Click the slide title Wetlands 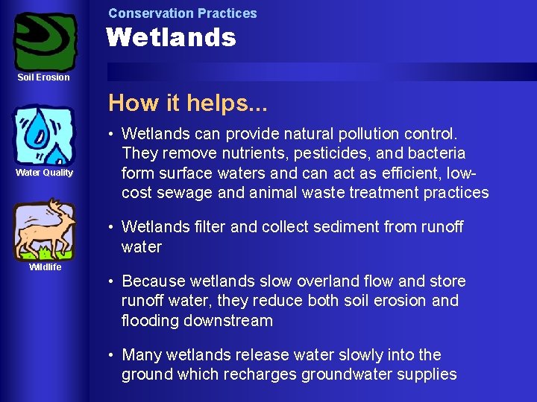click(x=171, y=37)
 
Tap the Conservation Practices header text click(x=182, y=13)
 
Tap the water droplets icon click(x=44, y=134)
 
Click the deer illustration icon click(x=45, y=227)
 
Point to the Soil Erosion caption click(x=44, y=77)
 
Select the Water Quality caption click(x=45, y=173)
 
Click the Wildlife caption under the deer click(x=45, y=267)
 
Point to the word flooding click(x=153, y=321)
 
